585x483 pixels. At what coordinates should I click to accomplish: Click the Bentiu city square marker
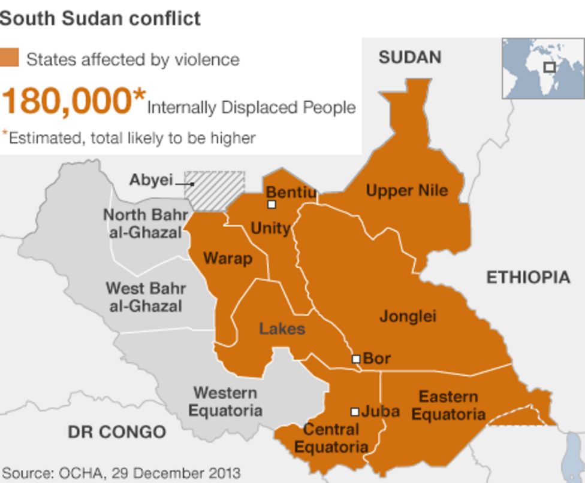272,204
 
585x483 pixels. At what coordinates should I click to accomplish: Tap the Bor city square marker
355,359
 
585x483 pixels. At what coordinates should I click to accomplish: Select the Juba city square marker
355,412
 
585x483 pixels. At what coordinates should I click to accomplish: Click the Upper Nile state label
407,191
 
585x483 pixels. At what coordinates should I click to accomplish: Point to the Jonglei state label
408,316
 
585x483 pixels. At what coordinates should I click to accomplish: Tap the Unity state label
270,228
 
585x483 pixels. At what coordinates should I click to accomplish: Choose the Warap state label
228,258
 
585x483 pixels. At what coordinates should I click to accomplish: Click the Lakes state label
282,329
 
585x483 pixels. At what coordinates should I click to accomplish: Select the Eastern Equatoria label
448,405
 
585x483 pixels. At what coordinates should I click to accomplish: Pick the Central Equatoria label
331,438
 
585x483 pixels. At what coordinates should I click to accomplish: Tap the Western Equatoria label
225,402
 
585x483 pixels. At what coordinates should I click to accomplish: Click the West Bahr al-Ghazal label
146,297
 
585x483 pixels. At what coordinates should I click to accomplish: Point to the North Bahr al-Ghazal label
146,223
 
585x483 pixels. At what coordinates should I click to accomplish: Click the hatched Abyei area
215,190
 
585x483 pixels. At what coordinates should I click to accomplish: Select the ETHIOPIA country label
527,277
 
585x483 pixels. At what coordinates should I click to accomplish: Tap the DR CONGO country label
116,432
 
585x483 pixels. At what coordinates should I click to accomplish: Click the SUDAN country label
410,57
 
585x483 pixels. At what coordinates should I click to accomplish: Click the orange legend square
10,58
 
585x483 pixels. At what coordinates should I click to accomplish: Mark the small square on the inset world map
549,67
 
